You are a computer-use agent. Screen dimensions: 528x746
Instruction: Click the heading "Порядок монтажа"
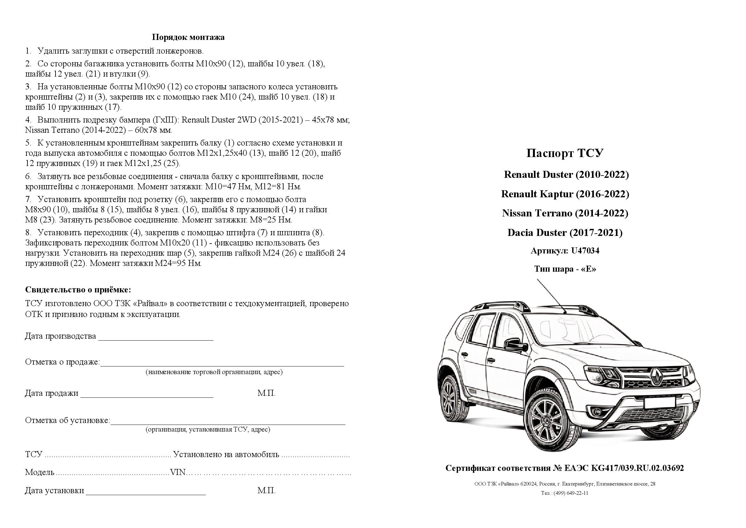pos(188,37)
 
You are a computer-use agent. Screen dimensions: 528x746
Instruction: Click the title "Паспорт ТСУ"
pos(565,153)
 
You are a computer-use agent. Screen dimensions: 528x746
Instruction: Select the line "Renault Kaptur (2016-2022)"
pos(565,194)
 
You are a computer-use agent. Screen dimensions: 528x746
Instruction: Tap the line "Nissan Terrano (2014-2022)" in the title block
pos(565,213)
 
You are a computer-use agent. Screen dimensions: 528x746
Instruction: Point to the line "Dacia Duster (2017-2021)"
pos(565,233)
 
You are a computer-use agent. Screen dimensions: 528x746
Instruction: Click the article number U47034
pos(585,251)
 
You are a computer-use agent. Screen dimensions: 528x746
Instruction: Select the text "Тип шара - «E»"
pos(565,269)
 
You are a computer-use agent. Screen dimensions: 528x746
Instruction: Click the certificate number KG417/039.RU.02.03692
pos(637,468)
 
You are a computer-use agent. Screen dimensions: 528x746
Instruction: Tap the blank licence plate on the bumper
pos(660,403)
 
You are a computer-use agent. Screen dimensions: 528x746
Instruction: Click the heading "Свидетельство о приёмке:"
pos(78,290)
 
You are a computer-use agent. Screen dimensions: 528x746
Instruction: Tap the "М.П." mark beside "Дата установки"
pos(266,491)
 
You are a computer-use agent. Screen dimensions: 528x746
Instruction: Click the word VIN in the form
pos(178,472)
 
